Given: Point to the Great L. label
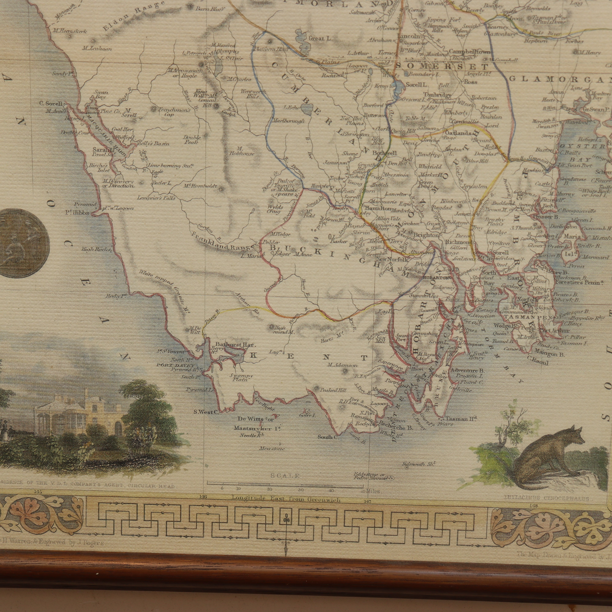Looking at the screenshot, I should tap(321, 38).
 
